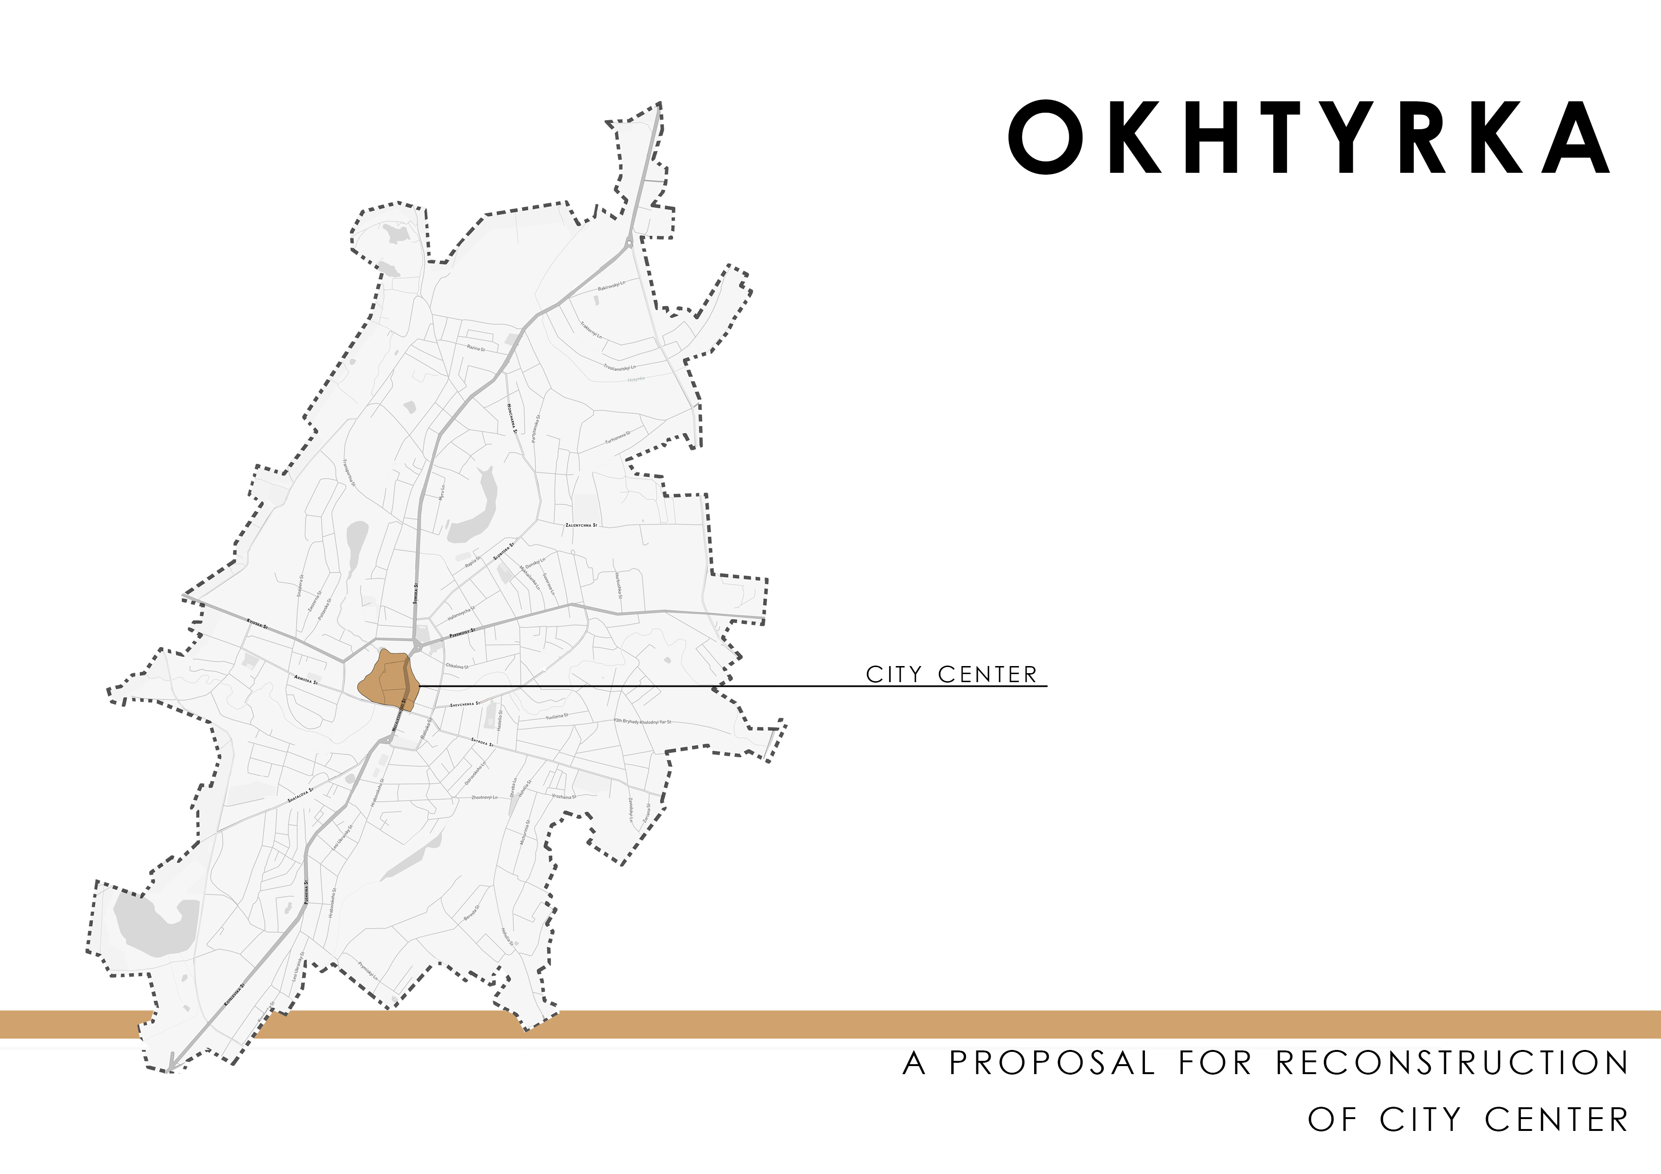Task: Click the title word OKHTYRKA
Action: coord(1309,137)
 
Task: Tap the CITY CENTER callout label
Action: coord(951,674)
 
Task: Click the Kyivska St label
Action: coord(257,623)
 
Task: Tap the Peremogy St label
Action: coord(462,633)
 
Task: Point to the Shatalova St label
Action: coord(300,795)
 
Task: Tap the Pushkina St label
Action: coord(307,889)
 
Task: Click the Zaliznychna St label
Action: coord(581,525)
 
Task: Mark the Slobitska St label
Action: coord(503,551)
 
